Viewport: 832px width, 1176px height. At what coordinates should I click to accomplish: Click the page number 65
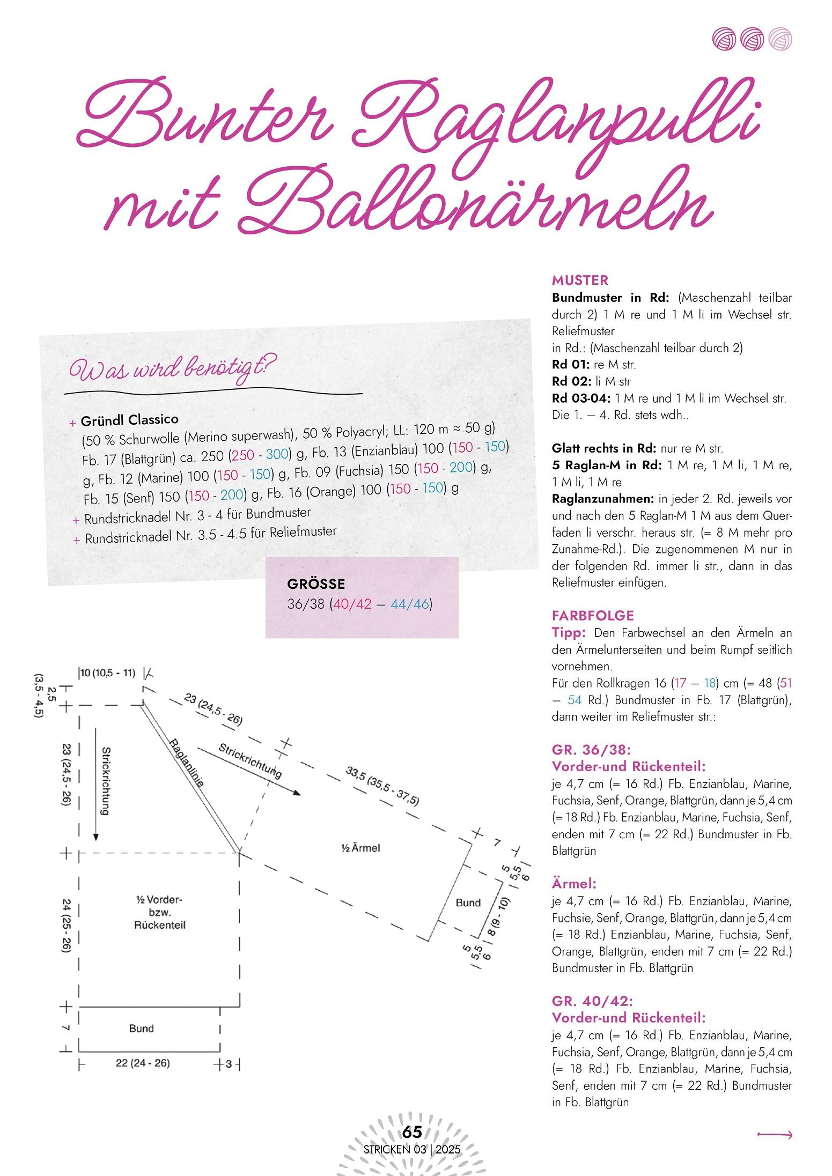[x=412, y=1131]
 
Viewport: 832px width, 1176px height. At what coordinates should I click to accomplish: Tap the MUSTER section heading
[x=580, y=280]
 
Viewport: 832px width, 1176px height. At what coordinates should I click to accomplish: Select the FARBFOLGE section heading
[x=593, y=616]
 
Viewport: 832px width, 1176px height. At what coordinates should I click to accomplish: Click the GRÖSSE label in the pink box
[x=316, y=584]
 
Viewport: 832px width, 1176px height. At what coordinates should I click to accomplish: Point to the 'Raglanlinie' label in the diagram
[x=187, y=763]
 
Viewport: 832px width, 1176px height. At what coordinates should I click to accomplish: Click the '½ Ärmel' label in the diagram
[x=360, y=848]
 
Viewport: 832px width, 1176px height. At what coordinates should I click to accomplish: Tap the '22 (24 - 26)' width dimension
[x=143, y=1063]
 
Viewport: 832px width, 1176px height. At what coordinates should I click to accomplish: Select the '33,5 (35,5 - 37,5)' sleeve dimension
[x=382, y=786]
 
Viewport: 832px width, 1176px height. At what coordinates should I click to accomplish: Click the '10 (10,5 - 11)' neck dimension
[x=108, y=673]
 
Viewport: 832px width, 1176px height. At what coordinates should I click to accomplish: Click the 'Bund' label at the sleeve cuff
[x=468, y=903]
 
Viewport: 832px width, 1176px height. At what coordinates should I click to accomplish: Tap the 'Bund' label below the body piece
[x=141, y=1029]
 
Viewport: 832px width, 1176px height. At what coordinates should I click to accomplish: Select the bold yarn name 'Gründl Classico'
[x=129, y=420]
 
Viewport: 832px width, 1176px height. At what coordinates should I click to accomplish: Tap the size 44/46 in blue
[x=410, y=604]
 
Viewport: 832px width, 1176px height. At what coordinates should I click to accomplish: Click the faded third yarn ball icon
[x=779, y=39]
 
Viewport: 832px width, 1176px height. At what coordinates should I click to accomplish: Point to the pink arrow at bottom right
[x=775, y=1134]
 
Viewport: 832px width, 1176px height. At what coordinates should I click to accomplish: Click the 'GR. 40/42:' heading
[x=592, y=1001]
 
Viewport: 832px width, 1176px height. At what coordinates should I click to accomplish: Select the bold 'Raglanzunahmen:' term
[x=602, y=499]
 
